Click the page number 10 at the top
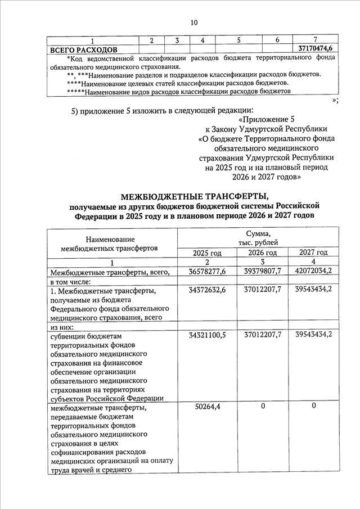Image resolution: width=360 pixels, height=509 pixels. tap(194, 22)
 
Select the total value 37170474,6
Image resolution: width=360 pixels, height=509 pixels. tap(315, 49)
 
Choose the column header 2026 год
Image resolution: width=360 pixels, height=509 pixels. tap(262, 253)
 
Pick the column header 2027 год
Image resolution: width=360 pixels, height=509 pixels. tap(314, 253)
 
